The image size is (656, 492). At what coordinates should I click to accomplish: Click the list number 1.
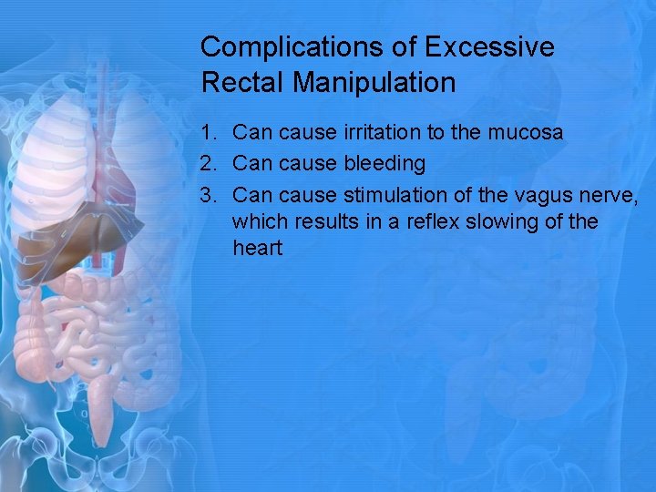coord(209,133)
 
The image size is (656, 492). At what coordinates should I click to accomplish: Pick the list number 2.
coord(209,164)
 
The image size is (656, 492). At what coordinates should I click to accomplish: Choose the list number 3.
coord(209,195)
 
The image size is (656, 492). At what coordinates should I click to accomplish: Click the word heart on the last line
coord(258,248)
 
